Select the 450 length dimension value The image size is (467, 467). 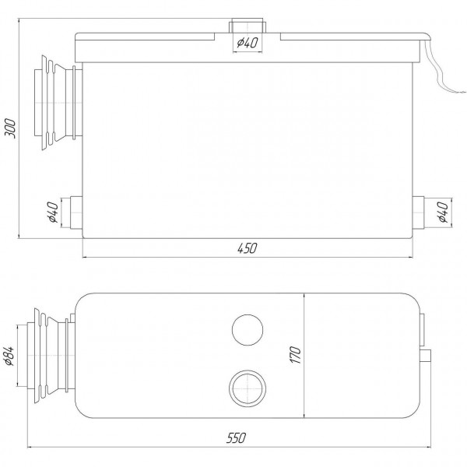(x=246, y=248)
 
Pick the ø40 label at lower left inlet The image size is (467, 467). (x=52, y=212)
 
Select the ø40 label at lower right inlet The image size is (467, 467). (x=442, y=212)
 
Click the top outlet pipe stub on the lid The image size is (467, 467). (x=245, y=28)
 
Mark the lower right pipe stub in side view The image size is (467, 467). (x=419, y=212)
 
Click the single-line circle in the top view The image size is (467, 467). (x=247, y=330)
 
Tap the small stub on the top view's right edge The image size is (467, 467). (x=427, y=356)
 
